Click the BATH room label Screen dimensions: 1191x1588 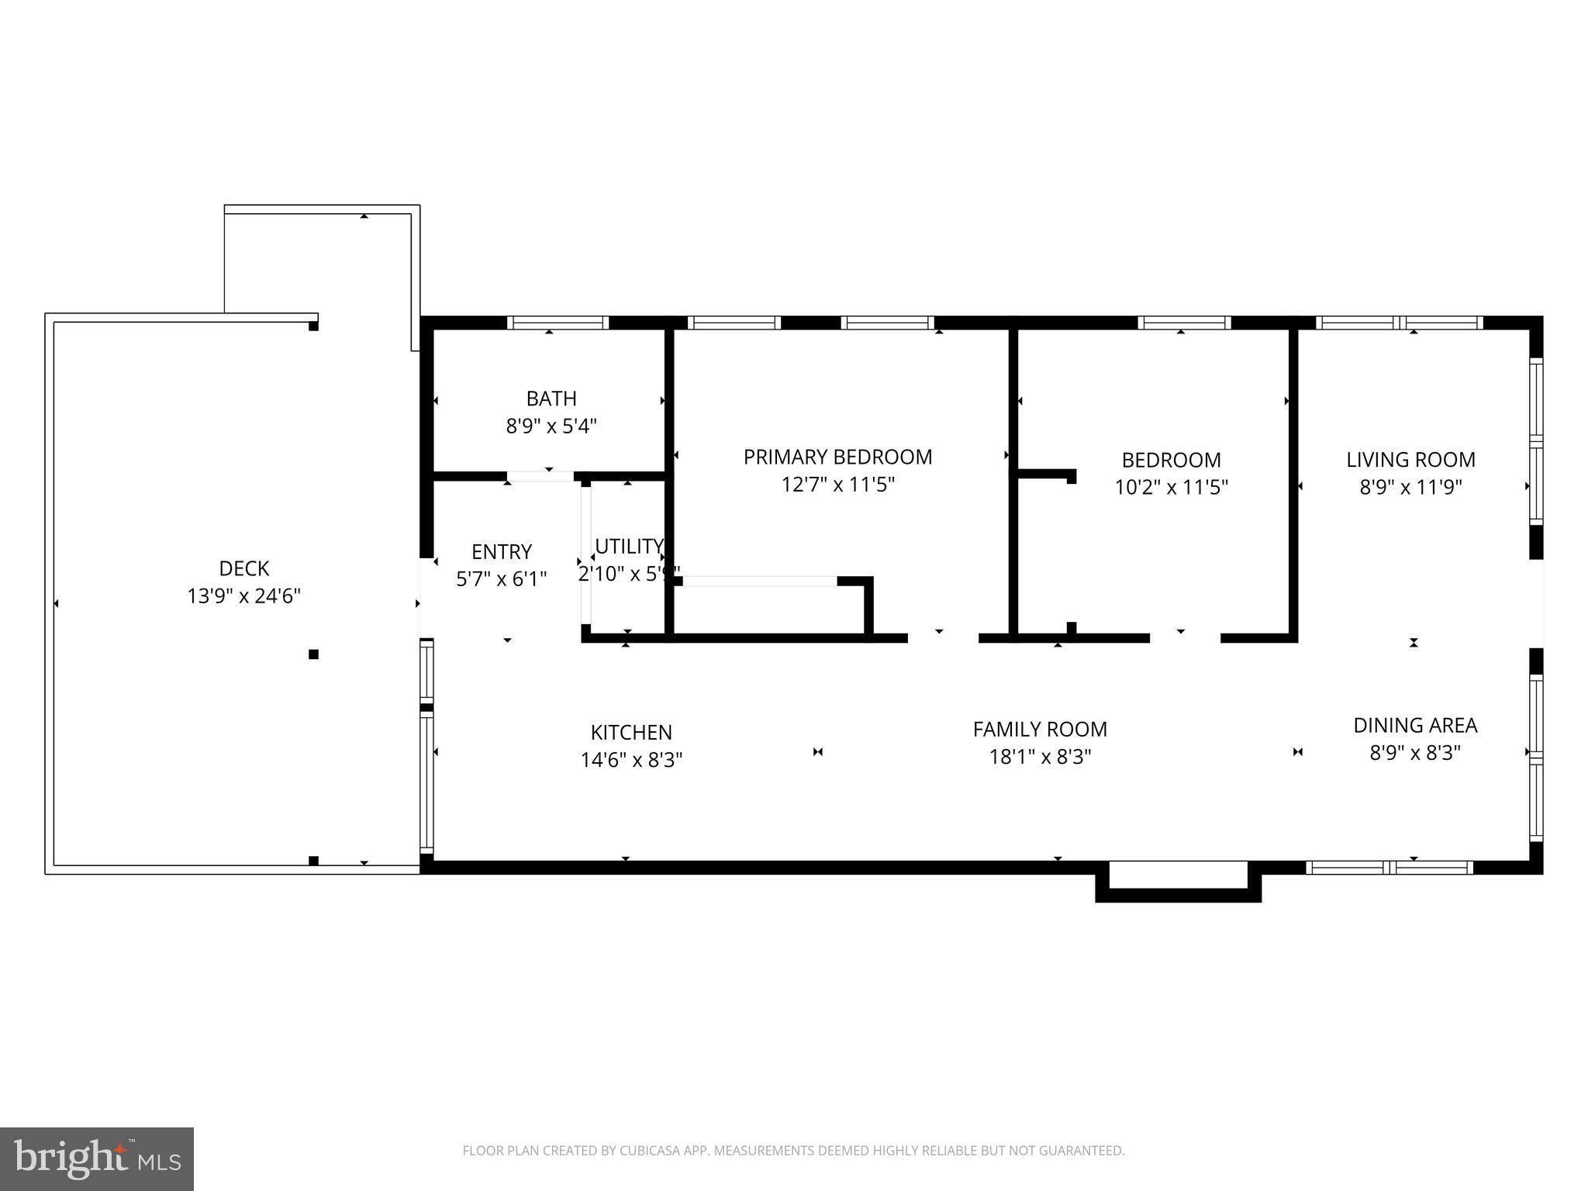pyautogui.click(x=551, y=399)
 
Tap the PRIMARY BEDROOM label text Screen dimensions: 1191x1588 pyautogui.click(x=837, y=457)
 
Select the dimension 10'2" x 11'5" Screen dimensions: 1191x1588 pyautogui.click(x=1171, y=488)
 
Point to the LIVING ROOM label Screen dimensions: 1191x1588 pyautogui.click(x=1410, y=460)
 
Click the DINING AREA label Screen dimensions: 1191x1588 pyautogui.click(x=1415, y=726)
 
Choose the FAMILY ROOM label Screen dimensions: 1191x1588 pyautogui.click(x=1040, y=730)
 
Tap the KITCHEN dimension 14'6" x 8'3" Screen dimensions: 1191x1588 pyautogui.click(x=631, y=760)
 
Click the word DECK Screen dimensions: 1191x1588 pyautogui.click(x=243, y=569)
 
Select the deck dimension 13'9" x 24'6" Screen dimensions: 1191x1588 pyautogui.click(x=243, y=596)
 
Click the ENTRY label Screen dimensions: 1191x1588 pyautogui.click(x=502, y=552)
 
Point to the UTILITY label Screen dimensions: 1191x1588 pyautogui.click(x=629, y=547)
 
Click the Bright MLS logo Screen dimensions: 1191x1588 pyautogui.click(x=96, y=1158)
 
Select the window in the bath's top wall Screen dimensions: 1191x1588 pyautogui.click(x=558, y=323)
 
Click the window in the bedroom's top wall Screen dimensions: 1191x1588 pyautogui.click(x=1184, y=323)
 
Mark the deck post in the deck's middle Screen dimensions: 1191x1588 pyautogui.click(x=313, y=654)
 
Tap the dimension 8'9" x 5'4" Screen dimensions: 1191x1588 pyautogui.click(x=551, y=426)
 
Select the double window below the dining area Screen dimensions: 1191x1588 pyautogui.click(x=1389, y=868)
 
